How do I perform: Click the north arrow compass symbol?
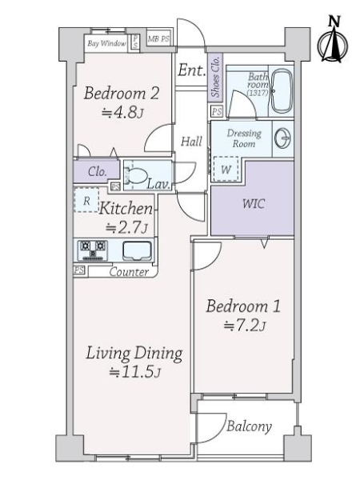[x=330, y=41]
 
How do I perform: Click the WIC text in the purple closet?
[x=254, y=202]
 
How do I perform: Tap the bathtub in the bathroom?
[x=280, y=90]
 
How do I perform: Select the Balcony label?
[x=250, y=426]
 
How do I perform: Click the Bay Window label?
[x=107, y=42]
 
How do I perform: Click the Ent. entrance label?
[x=191, y=70]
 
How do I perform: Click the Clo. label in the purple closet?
[x=98, y=171]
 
